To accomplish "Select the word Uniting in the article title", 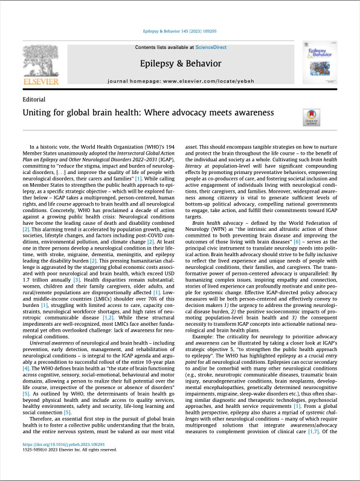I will point(39,112).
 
